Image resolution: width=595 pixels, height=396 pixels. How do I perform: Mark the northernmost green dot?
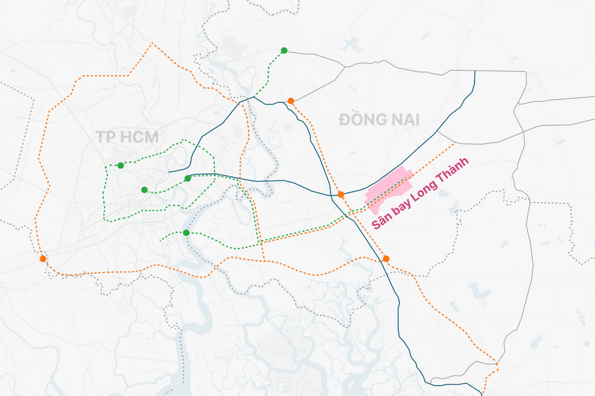point(284,50)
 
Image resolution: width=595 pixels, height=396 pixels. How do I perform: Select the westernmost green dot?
point(120,165)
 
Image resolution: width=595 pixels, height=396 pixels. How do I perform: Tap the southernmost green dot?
point(186,232)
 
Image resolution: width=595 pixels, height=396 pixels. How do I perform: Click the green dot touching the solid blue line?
point(188,178)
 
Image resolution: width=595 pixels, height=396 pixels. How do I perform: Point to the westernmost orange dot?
point(43,259)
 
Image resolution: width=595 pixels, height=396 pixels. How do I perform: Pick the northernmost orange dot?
point(291,101)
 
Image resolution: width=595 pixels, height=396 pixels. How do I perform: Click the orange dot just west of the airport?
point(340,195)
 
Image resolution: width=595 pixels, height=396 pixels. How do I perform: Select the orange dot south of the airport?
point(386,259)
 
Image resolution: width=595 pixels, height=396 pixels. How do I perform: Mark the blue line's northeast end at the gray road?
point(475,71)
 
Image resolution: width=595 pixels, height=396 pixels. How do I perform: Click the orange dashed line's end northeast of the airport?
point(456,142)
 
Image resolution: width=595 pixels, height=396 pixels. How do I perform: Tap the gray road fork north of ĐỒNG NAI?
point(344,66)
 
